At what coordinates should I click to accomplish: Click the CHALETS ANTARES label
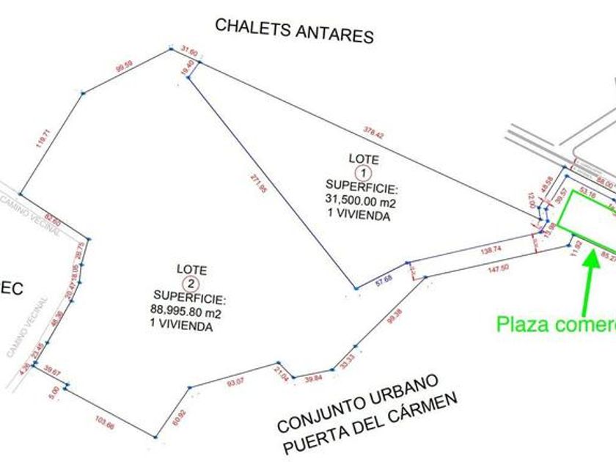(294, 31)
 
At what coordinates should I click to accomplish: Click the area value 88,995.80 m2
(186, 311)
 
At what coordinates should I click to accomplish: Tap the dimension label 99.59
(126, 70)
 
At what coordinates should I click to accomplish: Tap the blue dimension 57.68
(384, 279)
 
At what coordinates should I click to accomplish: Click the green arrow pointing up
(588, 279)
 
